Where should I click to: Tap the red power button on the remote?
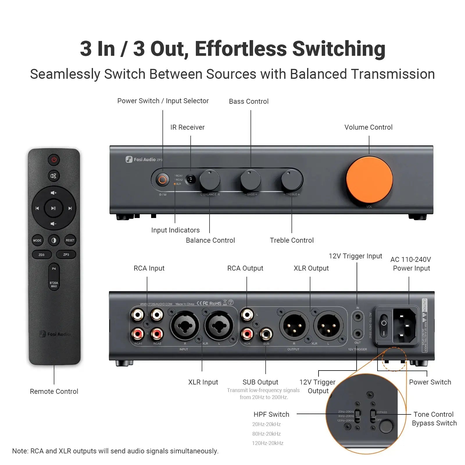tap(54, 160)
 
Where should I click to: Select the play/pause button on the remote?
tap(53, 208)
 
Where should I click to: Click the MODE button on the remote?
tap(37, 240)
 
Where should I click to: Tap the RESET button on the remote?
tap(70, 240)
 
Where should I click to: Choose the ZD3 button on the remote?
tap(42, 255)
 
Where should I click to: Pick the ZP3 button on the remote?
tap(66, 255)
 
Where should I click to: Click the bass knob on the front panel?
tap(251, 180)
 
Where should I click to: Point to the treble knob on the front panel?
tap(291, 180)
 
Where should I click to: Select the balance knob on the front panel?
tap(210, 180)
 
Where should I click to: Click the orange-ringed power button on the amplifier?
tap(162, 180)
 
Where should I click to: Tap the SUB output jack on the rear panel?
tap(266, 334)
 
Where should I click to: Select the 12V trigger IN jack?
tap(358, 316)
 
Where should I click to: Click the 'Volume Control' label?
tap(368, 127)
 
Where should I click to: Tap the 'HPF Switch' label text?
tap(271, 414)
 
